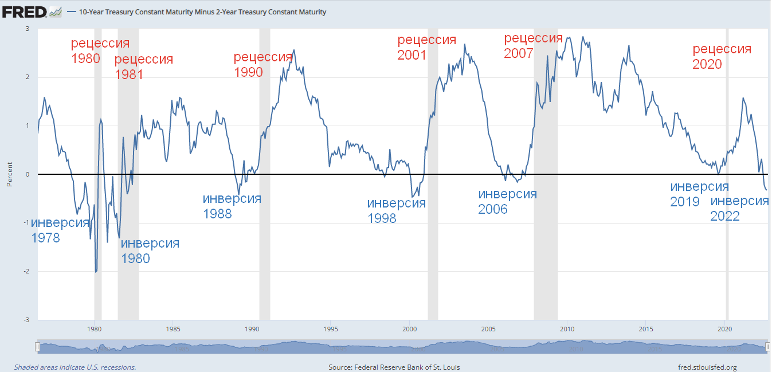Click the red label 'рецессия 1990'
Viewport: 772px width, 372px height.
(262, 64)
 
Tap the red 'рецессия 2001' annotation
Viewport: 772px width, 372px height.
(426, 47)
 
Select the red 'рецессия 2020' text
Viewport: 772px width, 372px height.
(722, 56)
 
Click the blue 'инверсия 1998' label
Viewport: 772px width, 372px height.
(396, 210)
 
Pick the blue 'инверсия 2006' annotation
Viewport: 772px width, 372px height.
(507, 201)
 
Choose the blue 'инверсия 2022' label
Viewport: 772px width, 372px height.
(739, 209)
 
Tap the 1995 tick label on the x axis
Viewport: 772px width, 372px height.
(330, 329)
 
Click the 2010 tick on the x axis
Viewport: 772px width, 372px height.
(567, 329)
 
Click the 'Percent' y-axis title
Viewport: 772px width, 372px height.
(9, 174)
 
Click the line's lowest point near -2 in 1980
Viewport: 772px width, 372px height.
(96, 272)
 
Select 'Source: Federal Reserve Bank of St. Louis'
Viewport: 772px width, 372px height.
(394, 367)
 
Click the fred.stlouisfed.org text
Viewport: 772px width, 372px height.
(707, 367)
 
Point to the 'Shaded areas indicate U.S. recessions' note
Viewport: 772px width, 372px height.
(75, 367)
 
